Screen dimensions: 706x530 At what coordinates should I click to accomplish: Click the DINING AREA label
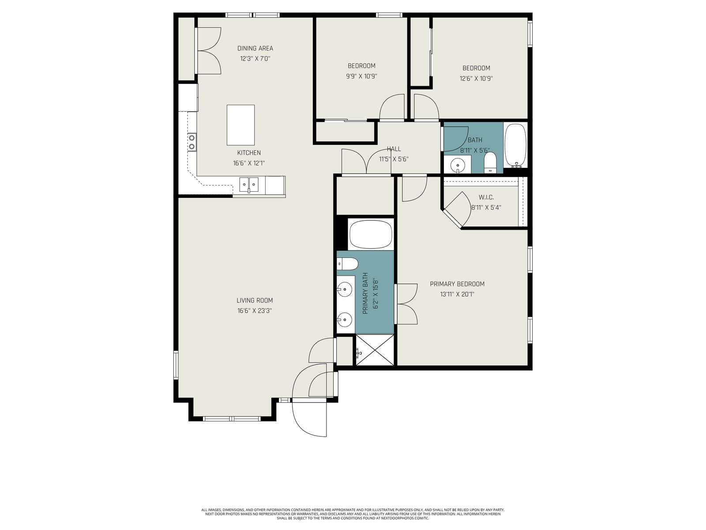pos(255,48)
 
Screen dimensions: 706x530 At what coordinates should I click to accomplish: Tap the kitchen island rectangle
pos(240,125)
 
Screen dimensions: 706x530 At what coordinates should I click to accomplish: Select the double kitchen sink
pos(248,185)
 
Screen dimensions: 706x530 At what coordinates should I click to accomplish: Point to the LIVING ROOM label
pos(255,300)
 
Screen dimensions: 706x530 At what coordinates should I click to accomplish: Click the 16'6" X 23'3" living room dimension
pos(255,310)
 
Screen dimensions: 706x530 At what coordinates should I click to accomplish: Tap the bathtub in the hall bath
pos(515,145)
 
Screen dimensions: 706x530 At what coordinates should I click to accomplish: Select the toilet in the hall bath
pos(490,163)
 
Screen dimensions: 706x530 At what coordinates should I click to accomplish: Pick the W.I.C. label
pos(486,197)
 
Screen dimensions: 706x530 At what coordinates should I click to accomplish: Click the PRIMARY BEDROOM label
pos(457,284)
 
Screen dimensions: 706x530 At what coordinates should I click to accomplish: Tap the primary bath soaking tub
pos(371,234)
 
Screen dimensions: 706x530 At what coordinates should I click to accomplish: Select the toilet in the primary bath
pos(347,264)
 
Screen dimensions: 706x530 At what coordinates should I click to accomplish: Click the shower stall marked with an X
pos(375,350)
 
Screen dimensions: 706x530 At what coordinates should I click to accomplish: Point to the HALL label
pos(394,149)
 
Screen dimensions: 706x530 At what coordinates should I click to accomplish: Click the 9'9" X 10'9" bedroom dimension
pos(361,76)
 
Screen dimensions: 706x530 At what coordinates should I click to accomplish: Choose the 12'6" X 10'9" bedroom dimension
pos(476,78)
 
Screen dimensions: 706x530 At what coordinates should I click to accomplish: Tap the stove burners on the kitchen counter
pos(192,142)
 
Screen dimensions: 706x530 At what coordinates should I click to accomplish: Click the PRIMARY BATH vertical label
pos(365,293)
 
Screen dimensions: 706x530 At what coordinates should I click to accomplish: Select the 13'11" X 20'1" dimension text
pos(457,294)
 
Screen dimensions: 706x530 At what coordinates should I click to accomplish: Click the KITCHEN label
pos(249,152)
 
